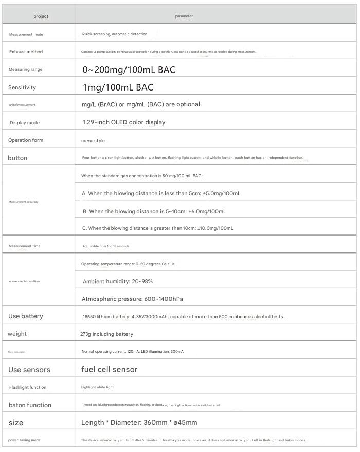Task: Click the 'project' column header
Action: click(41, 16)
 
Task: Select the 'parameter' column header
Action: click(184, 16)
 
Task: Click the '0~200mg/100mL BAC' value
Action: click(129, 69)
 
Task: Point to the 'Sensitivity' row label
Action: click(22, 87)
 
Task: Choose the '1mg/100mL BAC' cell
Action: click(118, 87)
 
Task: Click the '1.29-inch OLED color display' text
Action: click(124, 122)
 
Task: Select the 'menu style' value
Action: click(93, 140)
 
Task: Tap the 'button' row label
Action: click(17, 158)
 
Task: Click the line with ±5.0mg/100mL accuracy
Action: click(161, 193)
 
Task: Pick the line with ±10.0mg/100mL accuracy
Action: click(157, 228)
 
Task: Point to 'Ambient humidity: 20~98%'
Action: click(118, 281)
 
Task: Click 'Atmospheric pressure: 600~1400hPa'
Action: click(132, 299)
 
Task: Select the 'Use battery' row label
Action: click(26, 316)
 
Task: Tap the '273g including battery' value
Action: click(106, 334)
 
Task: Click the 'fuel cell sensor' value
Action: click(110, 369)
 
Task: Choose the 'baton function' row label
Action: click(30, 405)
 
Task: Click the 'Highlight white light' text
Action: click(97, 387)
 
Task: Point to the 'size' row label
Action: click(16, 422)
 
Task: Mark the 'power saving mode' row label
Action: click(25, 440)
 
